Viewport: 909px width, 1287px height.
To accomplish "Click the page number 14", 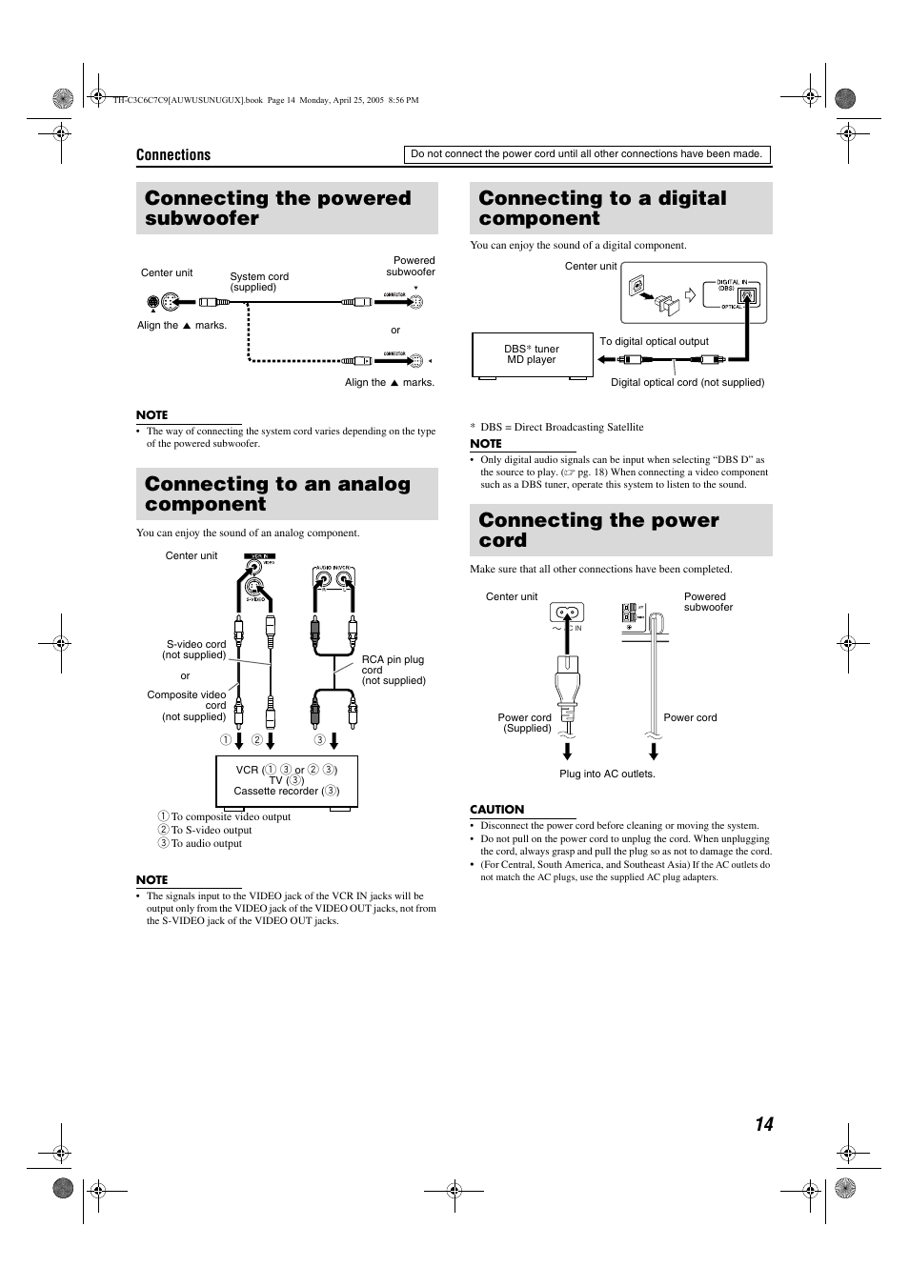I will (x=763, y=1124).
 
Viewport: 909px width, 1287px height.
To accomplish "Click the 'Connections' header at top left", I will (x=173, y=155).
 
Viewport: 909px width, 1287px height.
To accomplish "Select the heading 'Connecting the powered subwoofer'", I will (x=278, y=209).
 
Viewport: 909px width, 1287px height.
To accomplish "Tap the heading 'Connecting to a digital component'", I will (x=602, y=209).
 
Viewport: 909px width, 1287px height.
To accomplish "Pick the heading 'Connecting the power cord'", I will (x=598, y=531).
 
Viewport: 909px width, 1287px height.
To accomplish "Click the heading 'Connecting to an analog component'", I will (x=277, y=494).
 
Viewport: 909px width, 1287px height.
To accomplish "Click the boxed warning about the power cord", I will (x=586, y=154).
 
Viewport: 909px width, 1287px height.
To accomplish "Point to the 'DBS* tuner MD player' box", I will (x=531, y=354).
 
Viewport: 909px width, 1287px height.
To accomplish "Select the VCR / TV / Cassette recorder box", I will (x=286, y=780).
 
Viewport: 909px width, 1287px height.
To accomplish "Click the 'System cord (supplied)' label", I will (x=258, y=282).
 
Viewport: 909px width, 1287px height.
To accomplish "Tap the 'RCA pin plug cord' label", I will (x=393, y=670).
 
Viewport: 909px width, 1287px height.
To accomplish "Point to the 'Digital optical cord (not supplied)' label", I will (x=687, y=383).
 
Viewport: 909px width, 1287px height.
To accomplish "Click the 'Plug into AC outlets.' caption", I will (x=607, y=774).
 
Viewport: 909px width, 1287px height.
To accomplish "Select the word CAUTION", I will (x=496, y=810).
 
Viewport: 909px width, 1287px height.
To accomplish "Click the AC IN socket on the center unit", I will (x=566, y=613).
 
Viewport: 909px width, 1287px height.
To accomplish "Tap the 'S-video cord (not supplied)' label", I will (x=195, y=650).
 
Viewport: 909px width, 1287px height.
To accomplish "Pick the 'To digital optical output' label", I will (x=654, y=342).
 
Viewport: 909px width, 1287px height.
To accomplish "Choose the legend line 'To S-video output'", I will (x=211, y=830).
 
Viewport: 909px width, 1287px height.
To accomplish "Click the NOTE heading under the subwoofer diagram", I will (x=151, y=415).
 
